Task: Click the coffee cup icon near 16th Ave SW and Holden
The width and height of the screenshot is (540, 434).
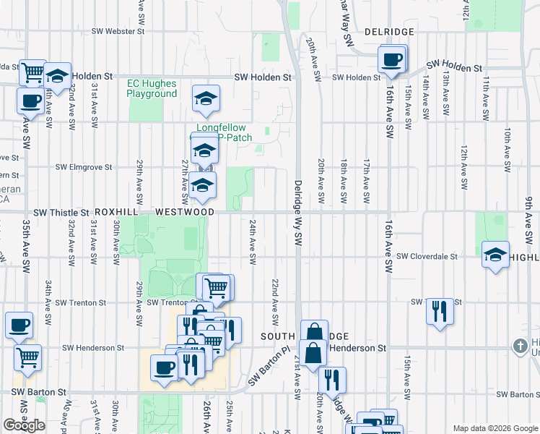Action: pyautogui.click(x=392, y=59)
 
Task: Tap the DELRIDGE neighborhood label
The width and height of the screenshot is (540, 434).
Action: pyautogui.click(x=389, y=33)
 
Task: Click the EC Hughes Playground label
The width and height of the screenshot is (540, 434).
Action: pyautogui.click(x=152, y=89)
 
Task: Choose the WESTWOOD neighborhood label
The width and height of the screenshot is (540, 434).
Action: pyautogui.click(x=185, y=212)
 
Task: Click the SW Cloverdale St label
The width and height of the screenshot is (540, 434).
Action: pyautogui.click(x=427, y=256)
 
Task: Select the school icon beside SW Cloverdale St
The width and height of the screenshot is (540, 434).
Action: pyautogui.click(x=495, y=255)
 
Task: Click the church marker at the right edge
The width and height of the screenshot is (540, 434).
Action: pyautogui.click(x=520, y=346)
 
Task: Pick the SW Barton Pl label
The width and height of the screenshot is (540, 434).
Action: pyautogui.click(x=269, y=368)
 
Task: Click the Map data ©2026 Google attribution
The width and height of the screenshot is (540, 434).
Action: pyautogui.click(x=495, y=428)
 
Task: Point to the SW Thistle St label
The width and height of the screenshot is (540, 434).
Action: pyautogui.click(x=61, y=213)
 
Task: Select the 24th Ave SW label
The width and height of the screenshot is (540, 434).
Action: pyautogui.click(x=253, y=242)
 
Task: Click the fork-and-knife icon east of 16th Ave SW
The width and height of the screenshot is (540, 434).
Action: pyautogui.click(x=440, y=311)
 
